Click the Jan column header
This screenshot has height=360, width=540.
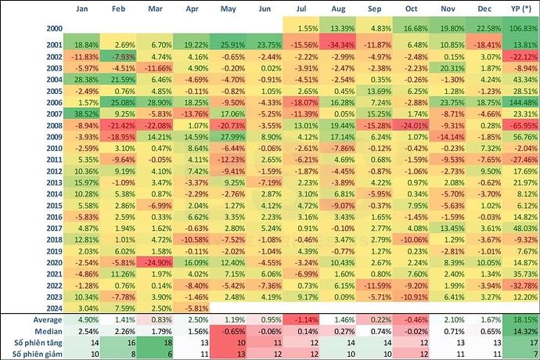point(81,9)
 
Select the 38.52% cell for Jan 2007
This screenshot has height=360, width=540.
point(81,113)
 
